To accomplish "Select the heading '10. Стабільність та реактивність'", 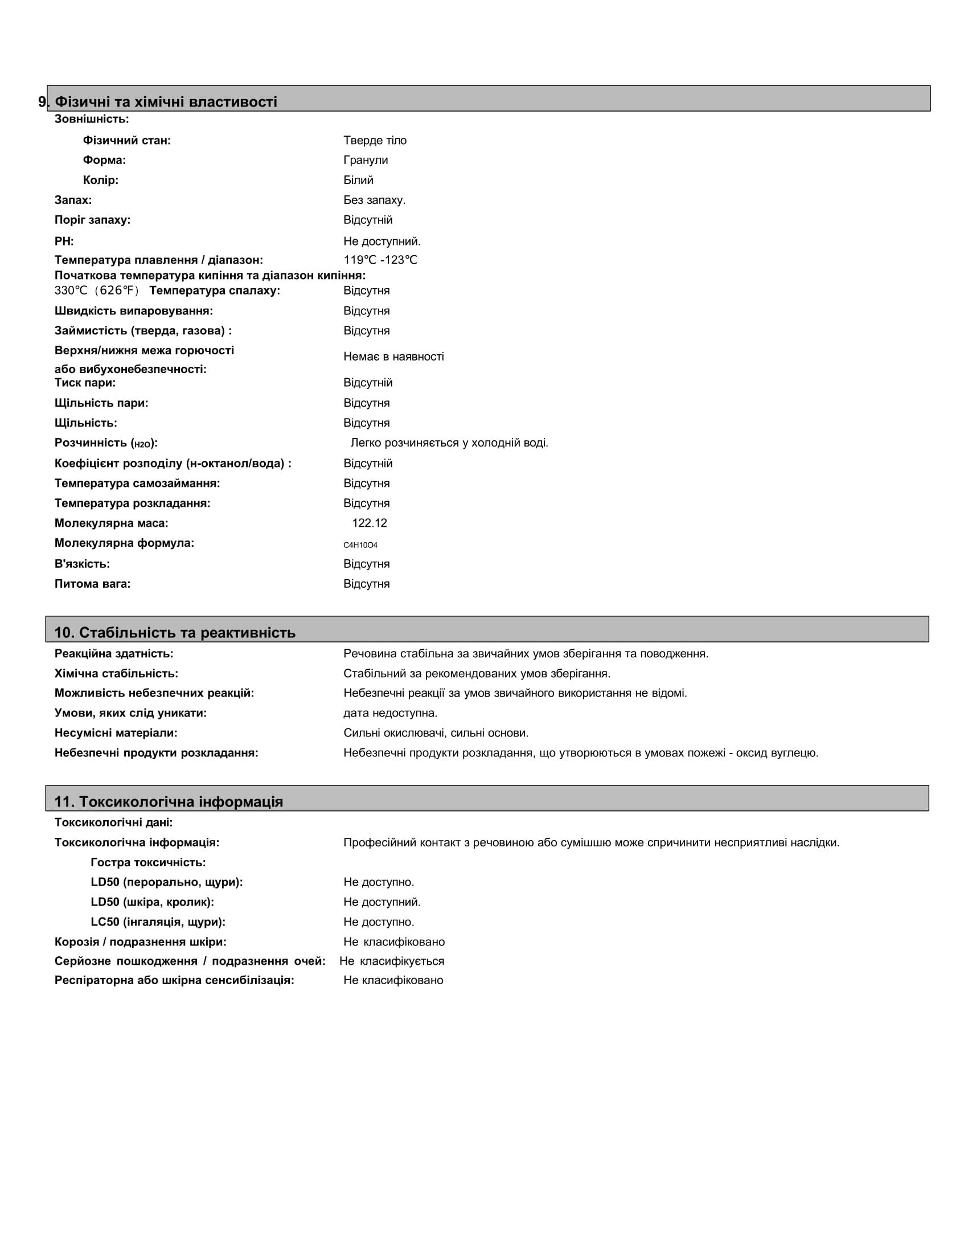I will coord(175,632).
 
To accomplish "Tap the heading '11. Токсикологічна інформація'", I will coord(169,801).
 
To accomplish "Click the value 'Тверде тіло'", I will coord(375,141).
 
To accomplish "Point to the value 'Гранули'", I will coord(366,160).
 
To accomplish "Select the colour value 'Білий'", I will coord(358,180).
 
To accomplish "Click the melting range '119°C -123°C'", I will coord(380,260).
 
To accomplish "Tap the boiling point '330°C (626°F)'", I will coord(97,290).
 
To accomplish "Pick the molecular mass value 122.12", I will coord(370,523).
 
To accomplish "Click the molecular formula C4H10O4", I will coord(360,545).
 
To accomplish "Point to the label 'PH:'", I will coord(64,241).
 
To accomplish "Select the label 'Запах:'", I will coord(73,200).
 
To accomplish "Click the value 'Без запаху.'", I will coord(375,200).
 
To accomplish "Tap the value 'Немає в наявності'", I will coord(393,357).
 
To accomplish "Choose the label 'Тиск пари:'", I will coord(85,383).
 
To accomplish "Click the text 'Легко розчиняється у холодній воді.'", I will coord(449,443).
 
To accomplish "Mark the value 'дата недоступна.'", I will coord(390,713).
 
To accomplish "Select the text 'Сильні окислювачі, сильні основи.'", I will coord(436,732).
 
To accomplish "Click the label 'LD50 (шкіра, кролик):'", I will coord(153,902).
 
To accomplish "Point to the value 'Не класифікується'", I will coord(392,961).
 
